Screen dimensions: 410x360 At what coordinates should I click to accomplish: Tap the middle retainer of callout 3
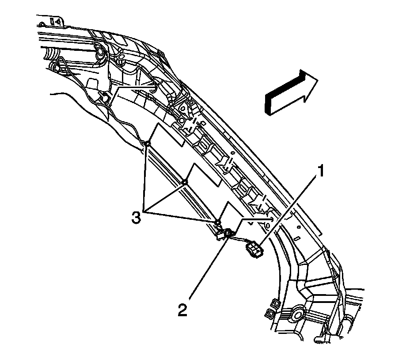186,182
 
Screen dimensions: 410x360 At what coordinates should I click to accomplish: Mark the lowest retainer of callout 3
217,221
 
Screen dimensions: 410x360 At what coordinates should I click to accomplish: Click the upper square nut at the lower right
273,303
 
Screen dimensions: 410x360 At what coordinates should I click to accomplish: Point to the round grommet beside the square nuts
296,315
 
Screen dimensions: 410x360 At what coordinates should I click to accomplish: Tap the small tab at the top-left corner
57,20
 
